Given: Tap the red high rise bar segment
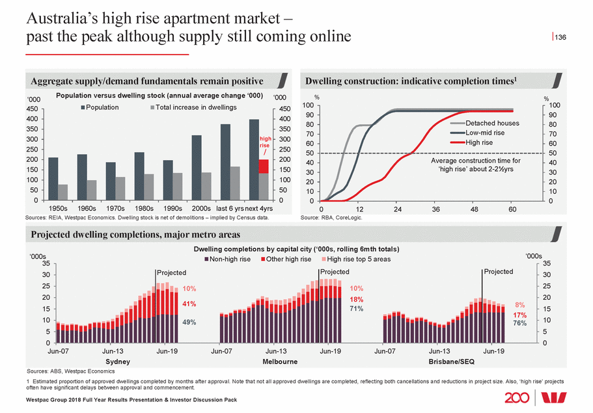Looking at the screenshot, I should (x=263, y=166).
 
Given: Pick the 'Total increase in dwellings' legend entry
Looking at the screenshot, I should (x=193, y=107).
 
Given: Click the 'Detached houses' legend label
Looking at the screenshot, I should (x=492, y=124).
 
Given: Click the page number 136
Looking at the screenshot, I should (x=560, y=37).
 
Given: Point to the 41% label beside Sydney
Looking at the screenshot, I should (x=189, y=304).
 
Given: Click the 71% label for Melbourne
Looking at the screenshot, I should (x=356, y=309).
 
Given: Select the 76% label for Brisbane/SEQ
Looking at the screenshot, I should (x=519, y=322).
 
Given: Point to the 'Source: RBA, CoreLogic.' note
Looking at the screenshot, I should (x=331, y=218).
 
